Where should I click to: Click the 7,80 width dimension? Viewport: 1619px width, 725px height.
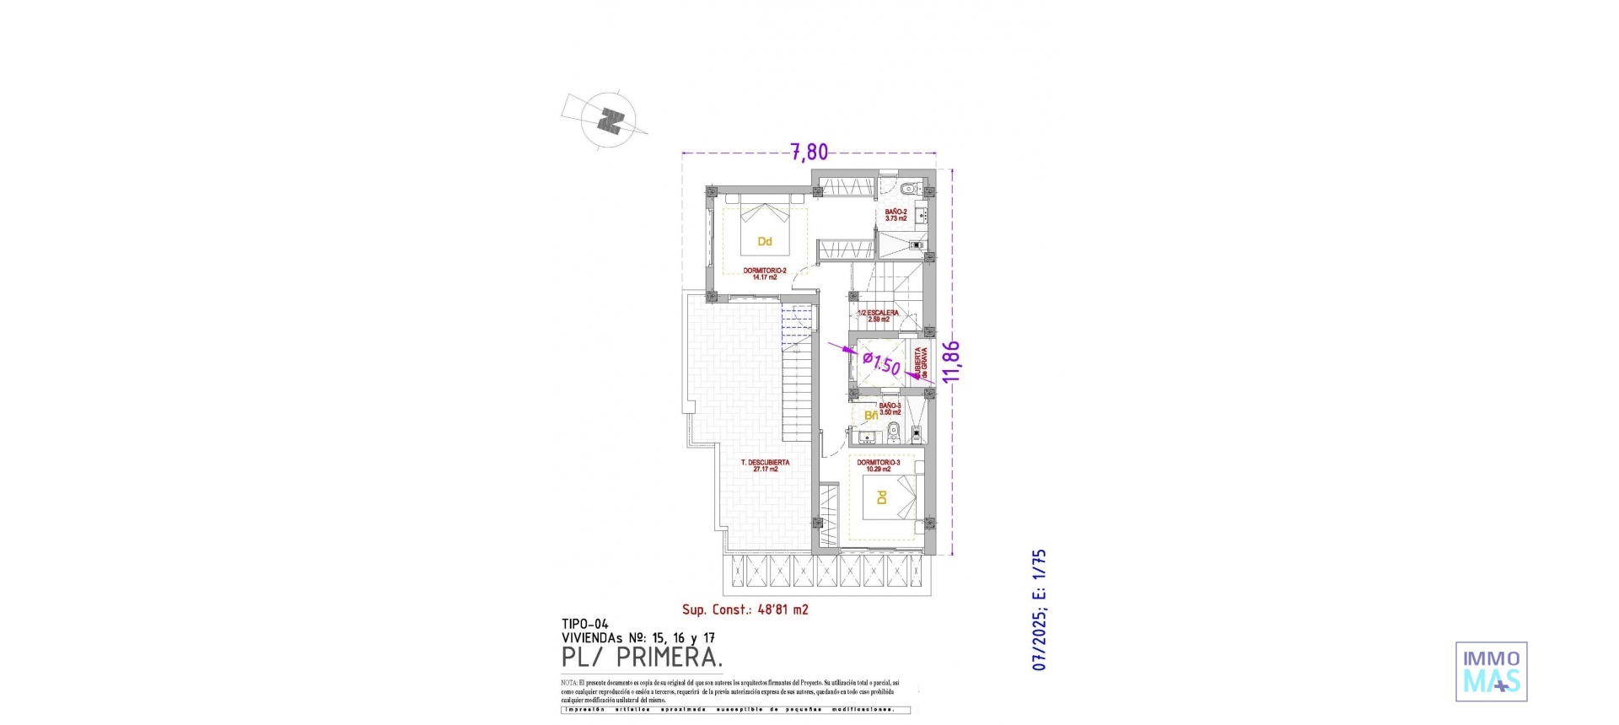809,153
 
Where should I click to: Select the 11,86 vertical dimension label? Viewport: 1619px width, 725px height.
951,362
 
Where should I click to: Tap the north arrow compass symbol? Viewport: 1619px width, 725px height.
610,121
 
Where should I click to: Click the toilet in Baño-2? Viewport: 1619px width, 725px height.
909,187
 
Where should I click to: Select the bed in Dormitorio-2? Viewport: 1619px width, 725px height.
765,229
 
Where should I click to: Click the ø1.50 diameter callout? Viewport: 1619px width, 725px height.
881,363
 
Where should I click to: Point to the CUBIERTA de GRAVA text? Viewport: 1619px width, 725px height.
921,362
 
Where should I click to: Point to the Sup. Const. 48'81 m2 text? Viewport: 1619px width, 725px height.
745,610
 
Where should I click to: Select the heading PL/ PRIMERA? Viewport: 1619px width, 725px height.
642,657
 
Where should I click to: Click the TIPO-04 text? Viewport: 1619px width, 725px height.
584,625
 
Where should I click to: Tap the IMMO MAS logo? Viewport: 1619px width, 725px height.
1491,672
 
